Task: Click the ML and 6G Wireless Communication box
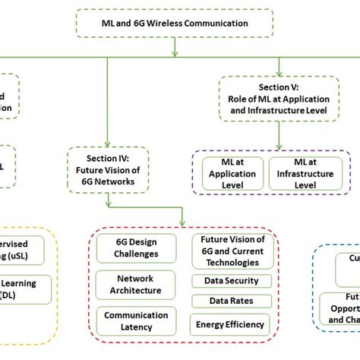coord(175,23)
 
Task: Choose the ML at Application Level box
coord(232,173)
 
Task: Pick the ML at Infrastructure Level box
coord(305,173)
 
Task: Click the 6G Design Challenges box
coord(137,248)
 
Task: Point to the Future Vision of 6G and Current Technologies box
coord(229,251)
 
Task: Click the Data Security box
coord(229,280)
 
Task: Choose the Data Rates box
coord(229,301)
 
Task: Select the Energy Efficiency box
coord(229,324)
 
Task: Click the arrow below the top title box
coord(175,49)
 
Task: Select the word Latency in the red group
coord(137,327)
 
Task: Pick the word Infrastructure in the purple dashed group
coord(305,173)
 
